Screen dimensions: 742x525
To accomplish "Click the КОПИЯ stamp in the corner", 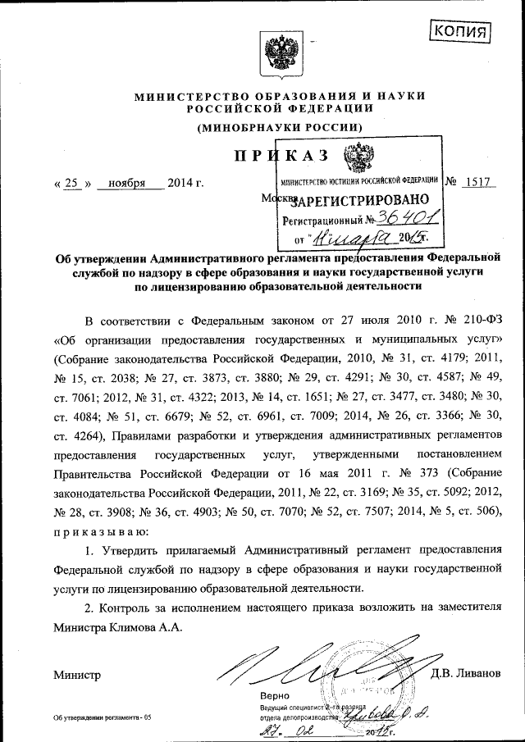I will tap(460, 31).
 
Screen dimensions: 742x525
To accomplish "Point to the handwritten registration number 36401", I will tap(407, 217).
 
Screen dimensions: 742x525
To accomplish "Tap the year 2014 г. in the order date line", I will tap(185, 182).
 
